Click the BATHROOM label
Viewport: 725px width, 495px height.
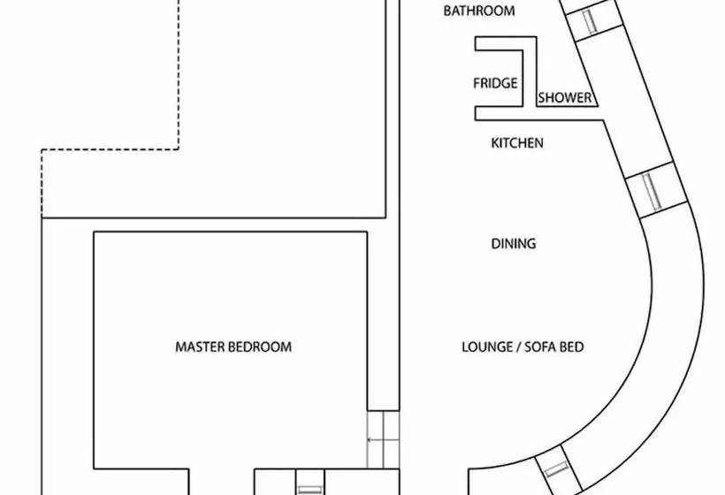479,11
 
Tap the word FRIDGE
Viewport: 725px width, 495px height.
495,83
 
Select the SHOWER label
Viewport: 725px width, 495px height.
565,98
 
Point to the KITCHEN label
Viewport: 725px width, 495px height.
517,143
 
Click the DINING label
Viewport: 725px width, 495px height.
513,244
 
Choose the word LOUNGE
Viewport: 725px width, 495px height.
487,347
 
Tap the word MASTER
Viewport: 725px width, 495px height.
199,347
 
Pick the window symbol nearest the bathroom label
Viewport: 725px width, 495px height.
590,22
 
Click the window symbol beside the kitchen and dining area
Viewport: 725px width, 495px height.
652,191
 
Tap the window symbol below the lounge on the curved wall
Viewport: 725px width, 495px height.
556,469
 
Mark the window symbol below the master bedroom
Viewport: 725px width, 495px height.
309,490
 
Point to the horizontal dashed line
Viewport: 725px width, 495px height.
110,149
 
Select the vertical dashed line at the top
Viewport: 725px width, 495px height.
179,74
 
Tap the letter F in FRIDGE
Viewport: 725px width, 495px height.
477,83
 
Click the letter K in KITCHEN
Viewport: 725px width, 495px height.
495,143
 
